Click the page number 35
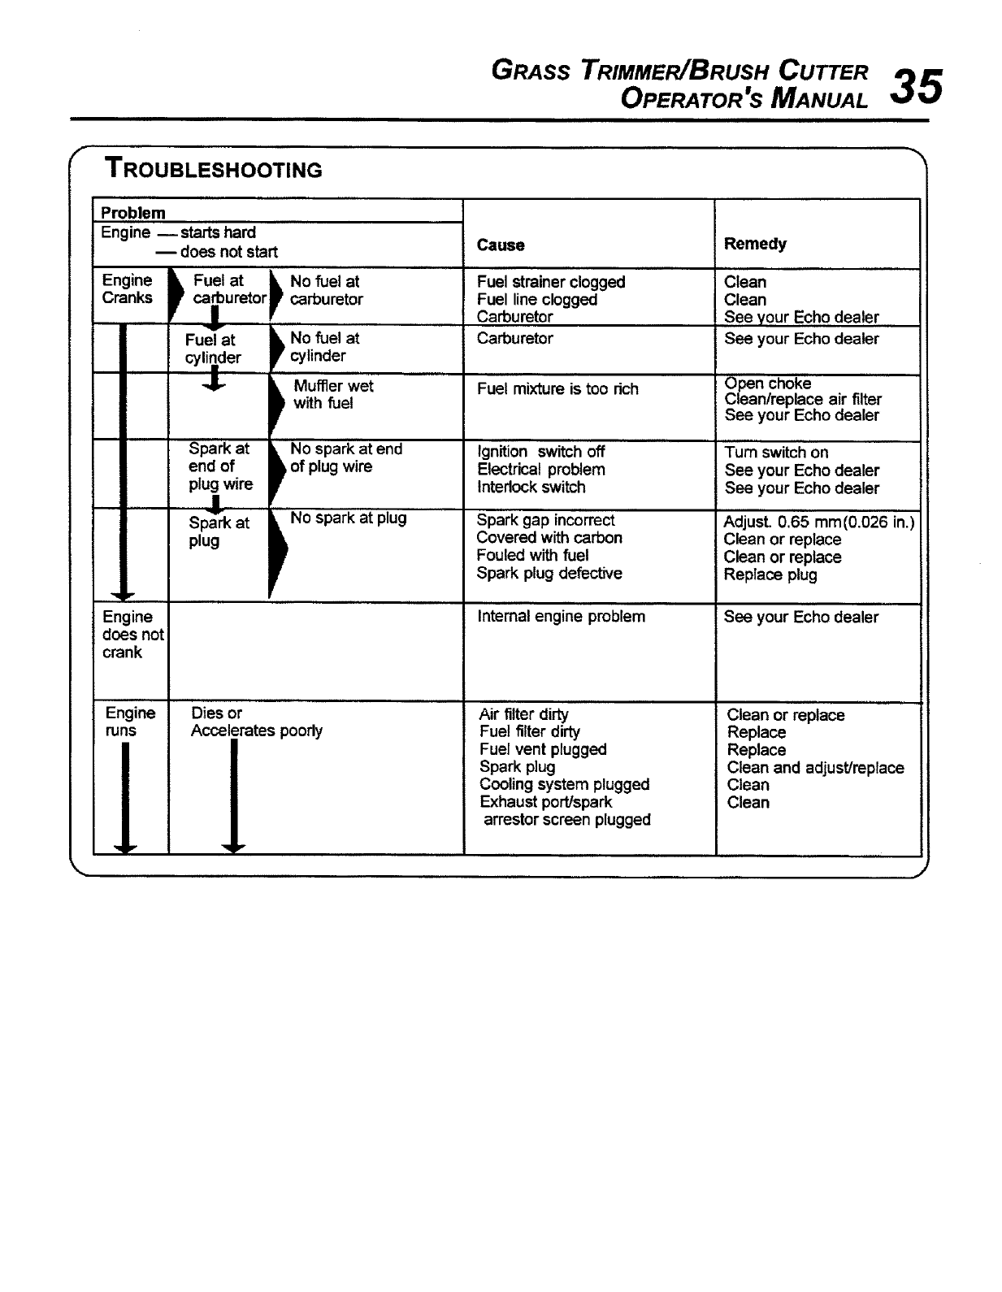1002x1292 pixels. click(917, 86)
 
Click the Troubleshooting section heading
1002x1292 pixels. click(213, 169)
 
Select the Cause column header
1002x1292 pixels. click(500, 245)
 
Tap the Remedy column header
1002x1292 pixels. click(755, 244)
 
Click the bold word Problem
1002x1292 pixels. click(132, 213)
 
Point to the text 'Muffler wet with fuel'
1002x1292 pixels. click(333, 394)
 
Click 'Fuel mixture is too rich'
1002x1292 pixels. click(557, 389)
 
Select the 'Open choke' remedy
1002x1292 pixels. click(768, 384)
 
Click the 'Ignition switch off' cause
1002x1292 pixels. click(540, 452)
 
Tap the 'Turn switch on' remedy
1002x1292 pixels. click(776, 453)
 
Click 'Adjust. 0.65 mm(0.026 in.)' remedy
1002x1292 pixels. click(818, 522)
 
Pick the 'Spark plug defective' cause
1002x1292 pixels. click(549, 574)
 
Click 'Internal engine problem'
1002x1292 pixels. click(561, 617)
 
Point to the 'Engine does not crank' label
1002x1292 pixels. click(132, 635)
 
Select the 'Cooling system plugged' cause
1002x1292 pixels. click(564, 784)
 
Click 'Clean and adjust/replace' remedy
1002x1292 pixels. click(815, 768)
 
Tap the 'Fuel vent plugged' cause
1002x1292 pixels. click(543, 749)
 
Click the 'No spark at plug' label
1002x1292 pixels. click(348, 518)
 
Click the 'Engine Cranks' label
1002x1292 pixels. click(128, 289)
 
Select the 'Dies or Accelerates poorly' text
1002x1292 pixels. click(256, 722)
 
